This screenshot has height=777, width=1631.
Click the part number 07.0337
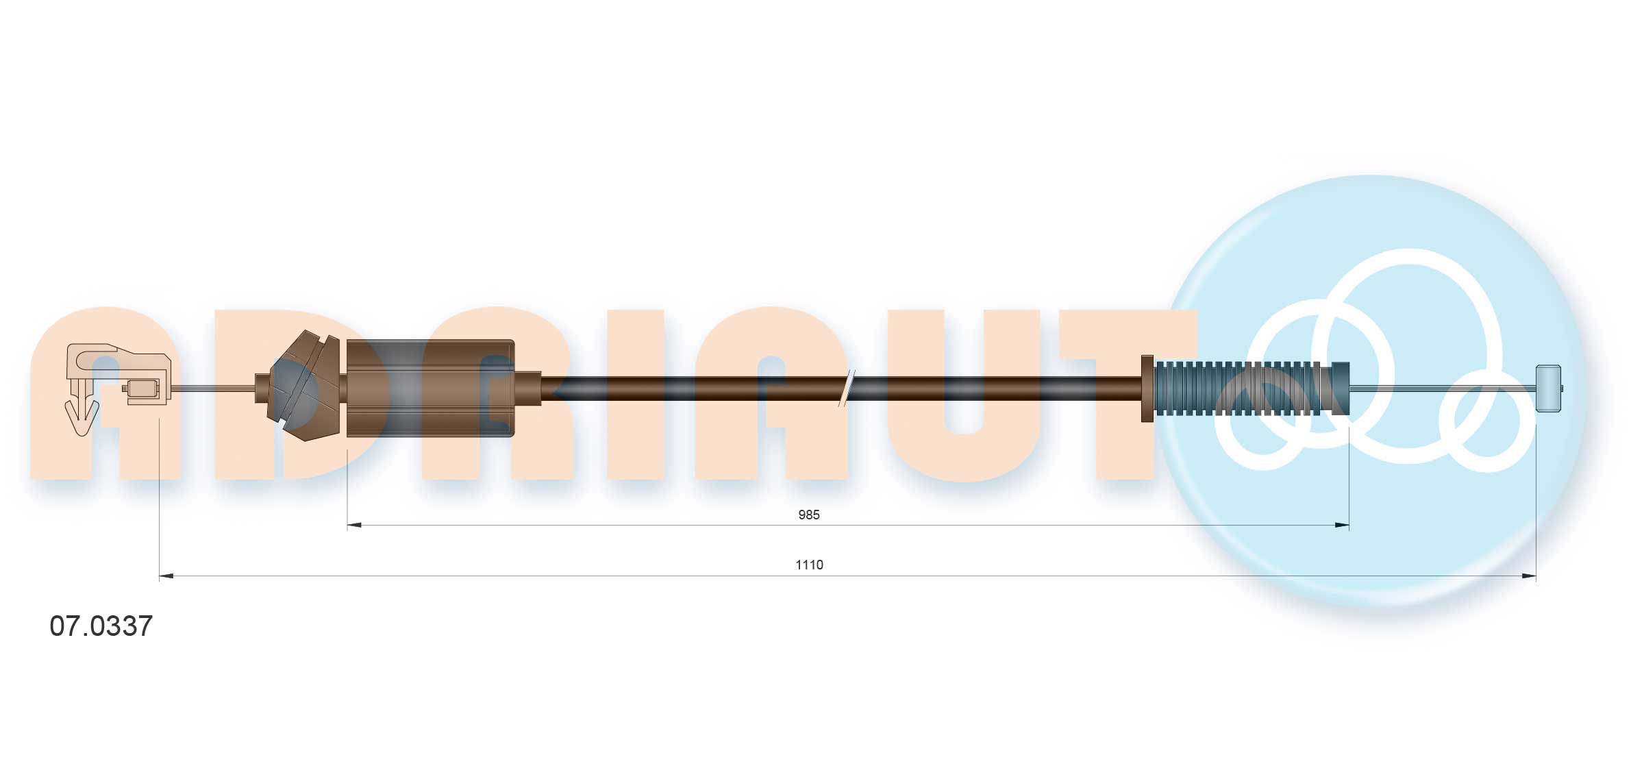tap(101, 626)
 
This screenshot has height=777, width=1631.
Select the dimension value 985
tap(808, 515)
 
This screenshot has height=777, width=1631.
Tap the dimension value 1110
tap(808, 565)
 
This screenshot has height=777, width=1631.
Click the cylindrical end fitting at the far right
tap(1548, 388)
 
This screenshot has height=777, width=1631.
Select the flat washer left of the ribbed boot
tap(1147, 388)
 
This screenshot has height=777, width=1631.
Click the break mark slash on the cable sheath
tap(847, 388)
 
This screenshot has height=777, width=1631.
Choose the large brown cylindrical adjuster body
tap(430, 388)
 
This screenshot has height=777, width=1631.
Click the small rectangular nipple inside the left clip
tap(143, 388)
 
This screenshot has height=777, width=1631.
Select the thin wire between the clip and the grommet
tap(212, 388)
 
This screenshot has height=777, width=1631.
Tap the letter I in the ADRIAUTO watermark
tap(635, 395)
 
